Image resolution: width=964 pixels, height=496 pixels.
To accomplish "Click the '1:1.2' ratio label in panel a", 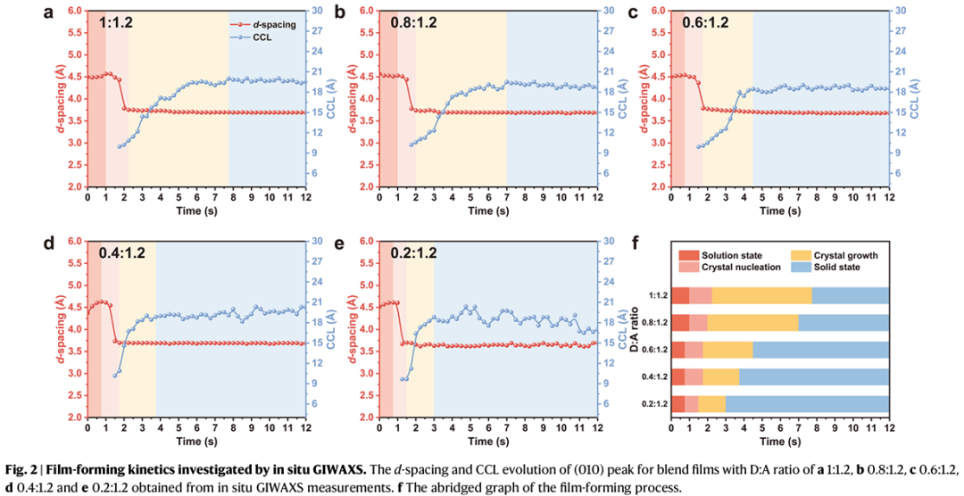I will coord(115,22).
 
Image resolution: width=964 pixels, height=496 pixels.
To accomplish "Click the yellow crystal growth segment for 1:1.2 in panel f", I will coord(761,295).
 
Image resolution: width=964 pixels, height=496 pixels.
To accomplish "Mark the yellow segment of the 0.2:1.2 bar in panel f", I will coord(711,404).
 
